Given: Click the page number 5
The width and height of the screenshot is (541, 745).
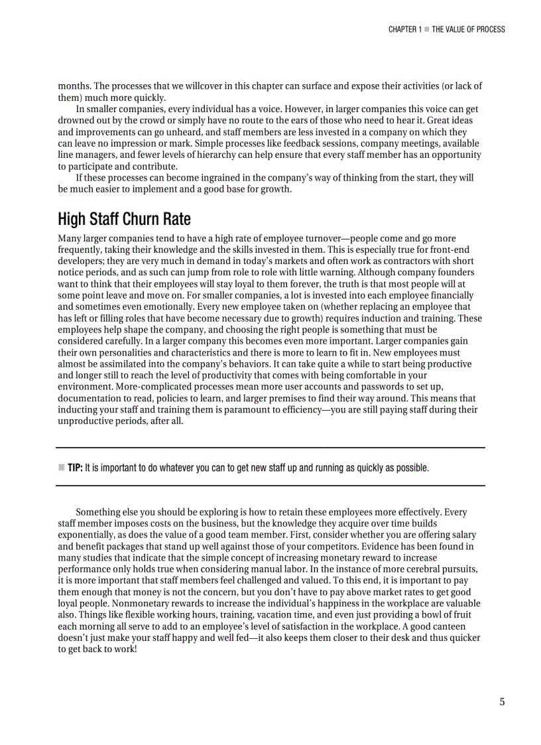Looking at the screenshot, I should click(502, 702).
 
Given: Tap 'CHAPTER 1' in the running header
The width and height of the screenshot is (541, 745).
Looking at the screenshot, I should click(404, 29).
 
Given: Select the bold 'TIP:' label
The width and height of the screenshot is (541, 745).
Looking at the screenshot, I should click(75, 468).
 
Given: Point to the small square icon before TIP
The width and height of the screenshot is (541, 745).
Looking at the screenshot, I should click(61, 468).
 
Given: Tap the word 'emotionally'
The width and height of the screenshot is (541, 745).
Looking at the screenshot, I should click(154, 306).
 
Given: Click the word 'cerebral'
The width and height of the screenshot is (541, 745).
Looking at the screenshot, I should click(410, 569).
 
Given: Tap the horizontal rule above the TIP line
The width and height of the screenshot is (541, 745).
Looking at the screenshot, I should click(270, 448).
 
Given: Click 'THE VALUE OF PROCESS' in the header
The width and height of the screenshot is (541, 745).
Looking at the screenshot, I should click(468, 29).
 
